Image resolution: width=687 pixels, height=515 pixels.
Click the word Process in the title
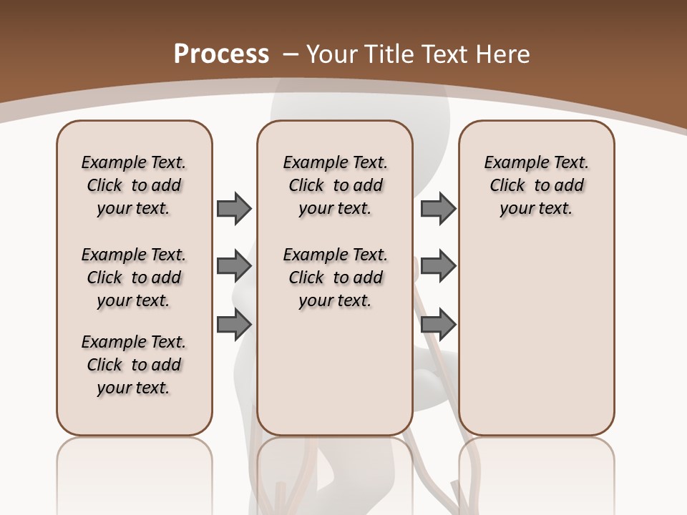coord(221,54)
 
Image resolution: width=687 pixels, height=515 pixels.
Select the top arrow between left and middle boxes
coord(234,208)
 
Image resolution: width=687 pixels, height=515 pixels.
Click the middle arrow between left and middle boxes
coord(234,266)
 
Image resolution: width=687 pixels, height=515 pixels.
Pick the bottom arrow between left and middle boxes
coord(234,324)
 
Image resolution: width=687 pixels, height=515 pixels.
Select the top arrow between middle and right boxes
coord(438,208)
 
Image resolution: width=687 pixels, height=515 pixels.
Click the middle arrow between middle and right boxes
coord(438,266)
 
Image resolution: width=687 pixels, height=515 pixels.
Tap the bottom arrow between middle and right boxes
coord(438,324)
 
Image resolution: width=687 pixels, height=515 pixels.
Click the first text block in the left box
coord(134,185)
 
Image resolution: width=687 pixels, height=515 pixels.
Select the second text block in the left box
coord(134,278)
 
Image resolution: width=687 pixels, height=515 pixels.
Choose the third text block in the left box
coord(134,365)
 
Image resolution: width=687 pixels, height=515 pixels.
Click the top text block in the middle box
coord(335,185)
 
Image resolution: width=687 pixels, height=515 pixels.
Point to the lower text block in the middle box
coord(335,278)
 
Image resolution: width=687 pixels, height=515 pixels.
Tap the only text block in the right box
coord(536,185)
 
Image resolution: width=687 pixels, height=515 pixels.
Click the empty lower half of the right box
coord(536,343)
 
